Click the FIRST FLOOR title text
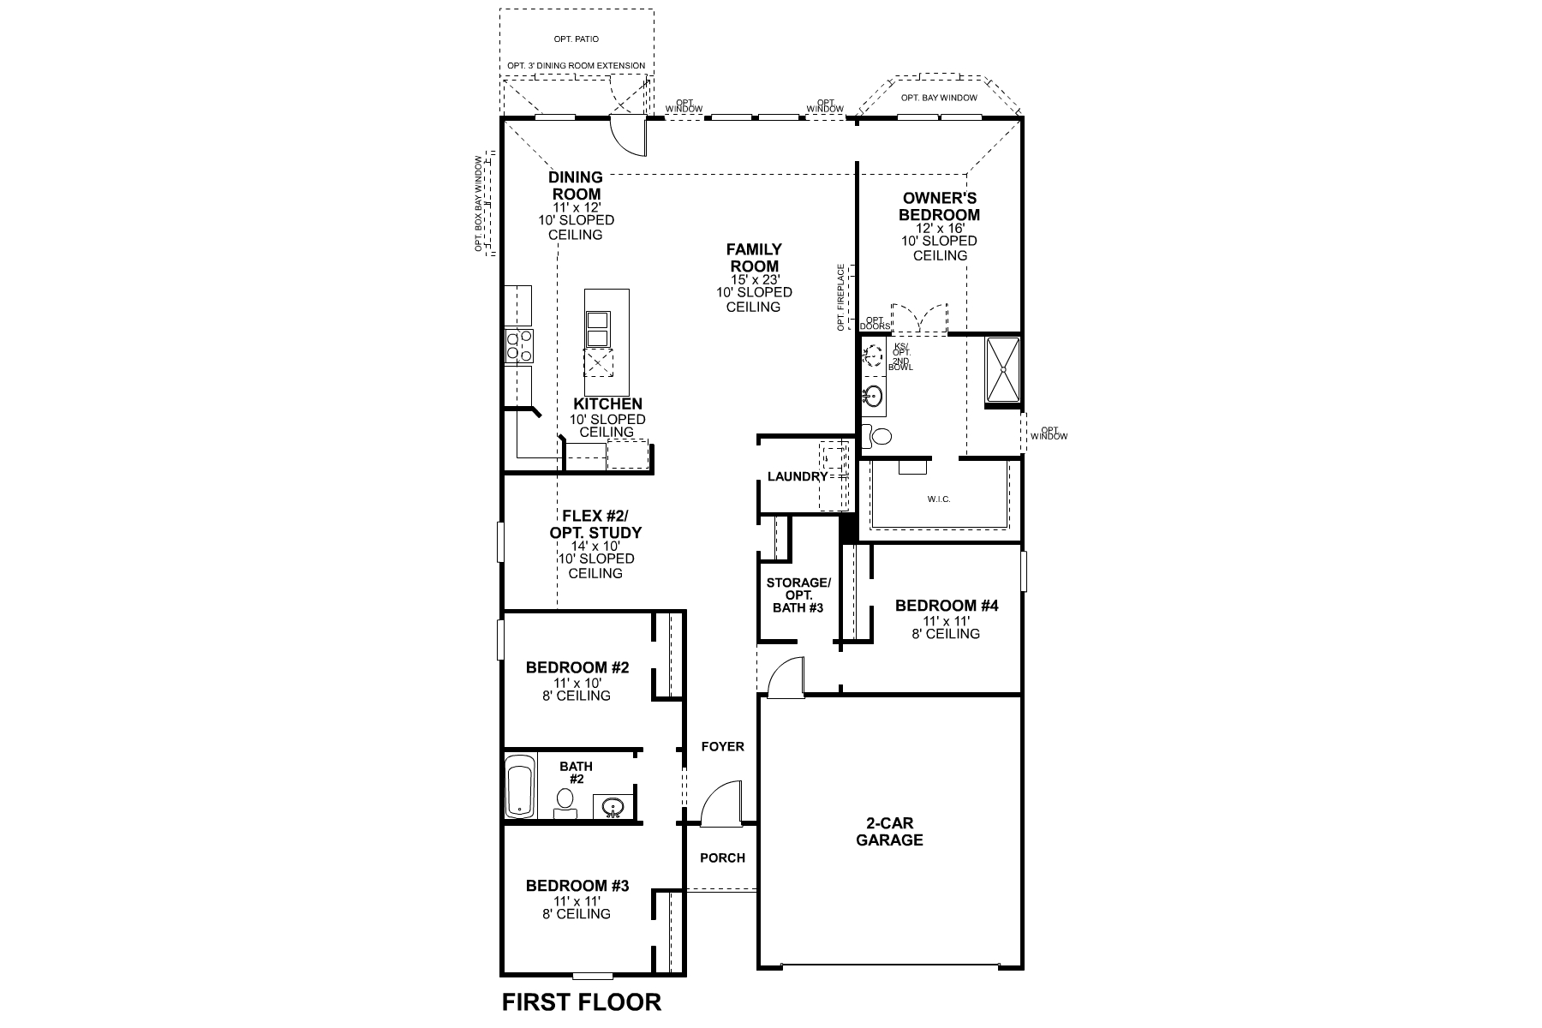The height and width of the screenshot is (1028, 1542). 581,1001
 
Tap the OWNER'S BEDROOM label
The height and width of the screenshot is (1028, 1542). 939,206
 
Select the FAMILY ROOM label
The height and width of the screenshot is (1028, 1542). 754,258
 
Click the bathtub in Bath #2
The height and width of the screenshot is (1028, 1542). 519,786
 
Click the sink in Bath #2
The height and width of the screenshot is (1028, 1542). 613,806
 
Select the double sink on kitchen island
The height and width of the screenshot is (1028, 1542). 597,329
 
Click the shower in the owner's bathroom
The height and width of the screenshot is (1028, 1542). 1002,369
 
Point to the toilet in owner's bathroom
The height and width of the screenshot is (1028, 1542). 877,436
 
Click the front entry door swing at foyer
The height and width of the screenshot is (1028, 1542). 720,805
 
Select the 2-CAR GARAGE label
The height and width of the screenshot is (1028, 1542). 889,832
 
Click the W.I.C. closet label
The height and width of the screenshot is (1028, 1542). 938,499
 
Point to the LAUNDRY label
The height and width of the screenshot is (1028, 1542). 797,476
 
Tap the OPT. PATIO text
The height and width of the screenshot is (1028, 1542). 577,39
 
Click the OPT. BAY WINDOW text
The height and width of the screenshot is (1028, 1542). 939,98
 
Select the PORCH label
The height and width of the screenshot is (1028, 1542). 722,858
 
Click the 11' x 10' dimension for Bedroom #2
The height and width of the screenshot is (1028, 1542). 577,683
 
